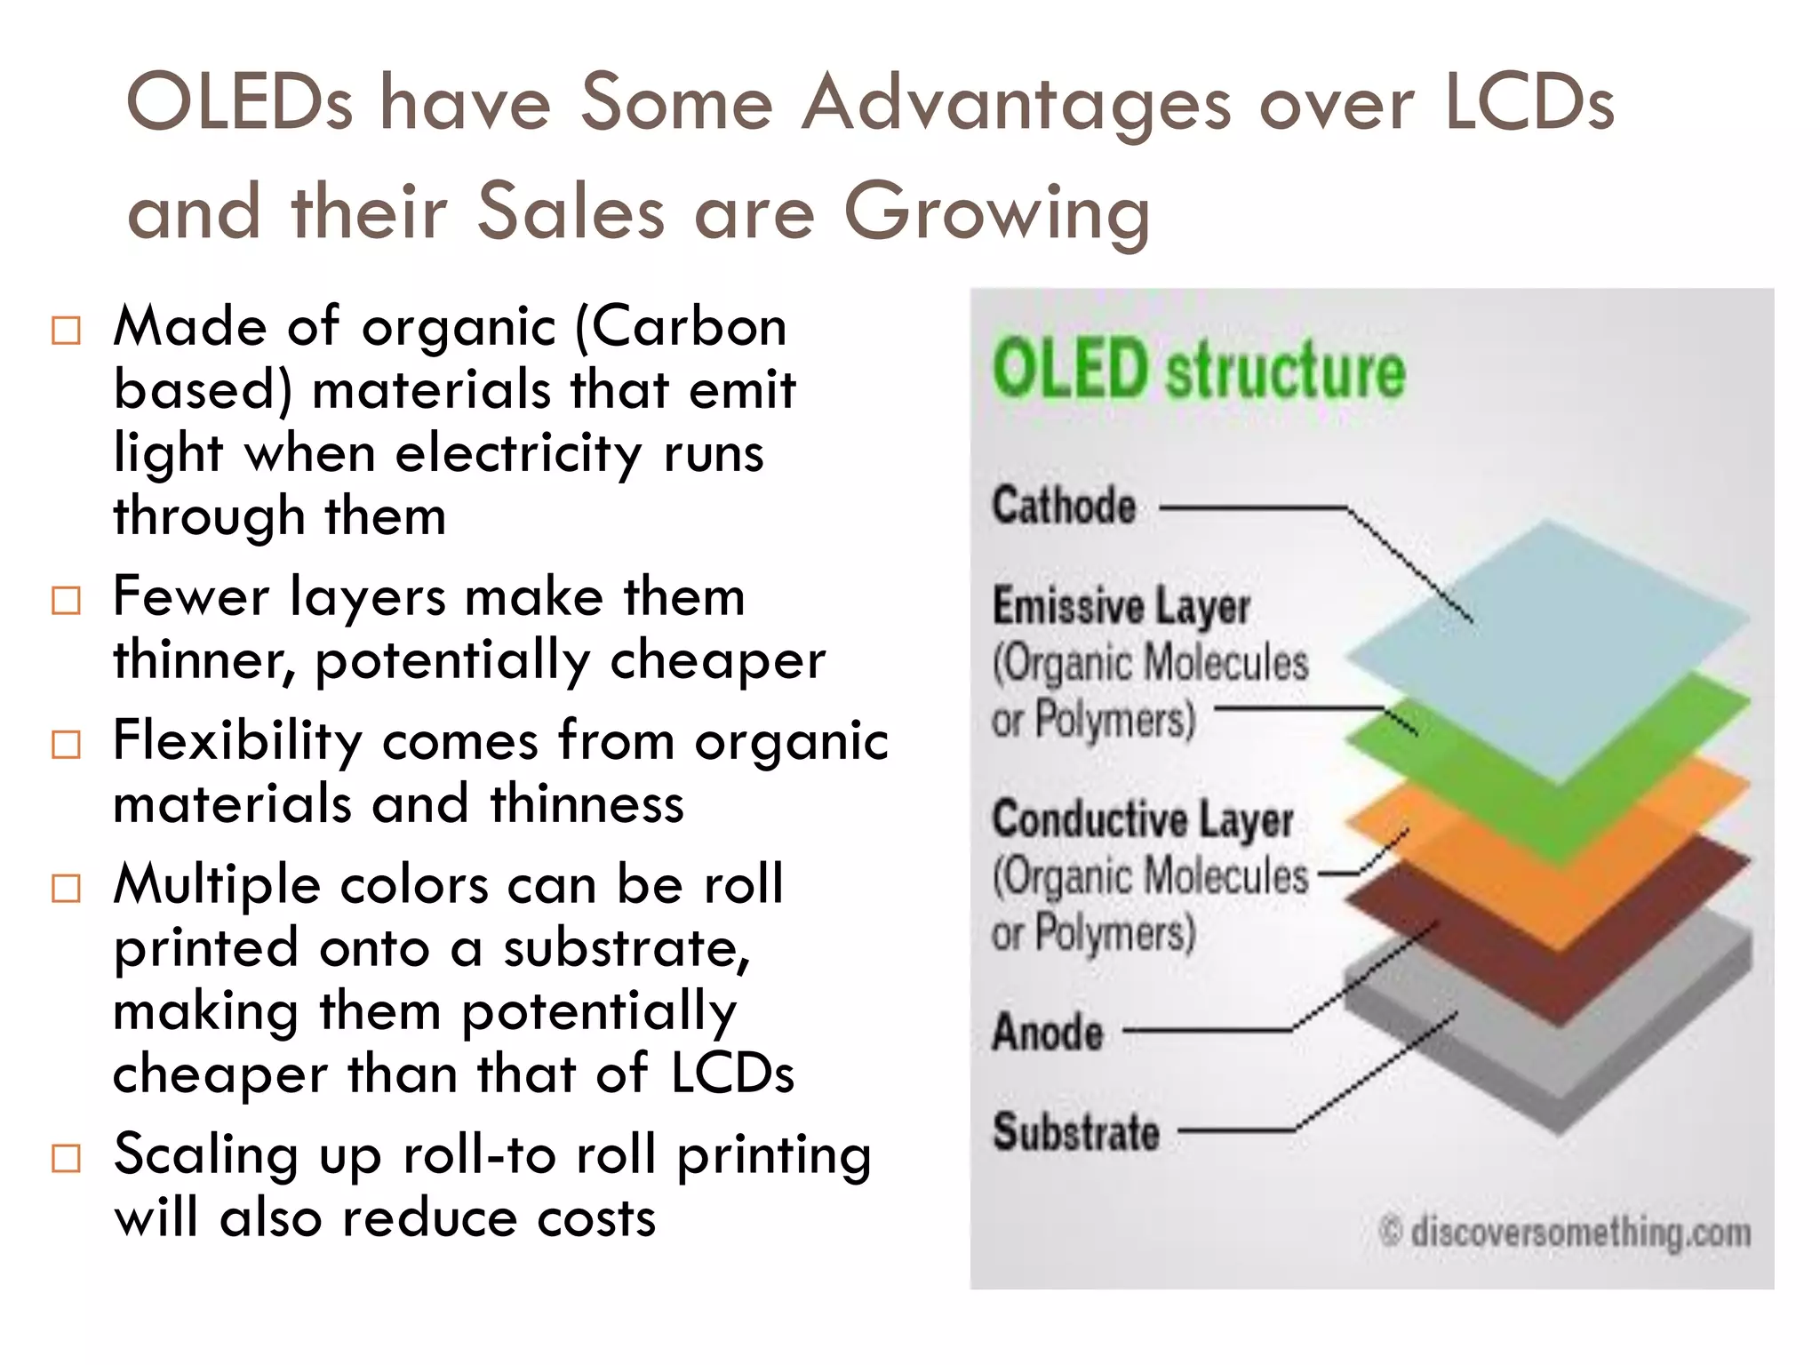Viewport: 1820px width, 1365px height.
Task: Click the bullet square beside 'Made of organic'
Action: (66, 331)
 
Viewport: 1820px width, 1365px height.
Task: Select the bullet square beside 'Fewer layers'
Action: (66, 600)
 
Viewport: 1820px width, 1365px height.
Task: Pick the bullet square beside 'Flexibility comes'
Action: (66, 744)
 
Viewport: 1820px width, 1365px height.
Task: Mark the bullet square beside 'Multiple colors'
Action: (66, 888)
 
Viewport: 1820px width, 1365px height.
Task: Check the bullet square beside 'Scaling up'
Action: (66, 1158)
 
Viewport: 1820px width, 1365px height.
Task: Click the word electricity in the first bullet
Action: (517, 454)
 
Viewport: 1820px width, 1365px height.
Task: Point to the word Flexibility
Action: (237, 742)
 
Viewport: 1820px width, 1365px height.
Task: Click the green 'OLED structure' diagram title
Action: (1198, 369)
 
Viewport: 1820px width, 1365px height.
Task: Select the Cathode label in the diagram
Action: (1064, 507)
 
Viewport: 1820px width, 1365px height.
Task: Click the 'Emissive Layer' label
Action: (1122, 607)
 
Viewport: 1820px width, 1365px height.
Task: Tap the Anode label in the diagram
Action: (1048, 1033)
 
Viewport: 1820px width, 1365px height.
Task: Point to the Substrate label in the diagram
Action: (1076, 1132)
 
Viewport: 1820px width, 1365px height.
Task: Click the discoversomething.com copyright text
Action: (1566, 1233)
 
